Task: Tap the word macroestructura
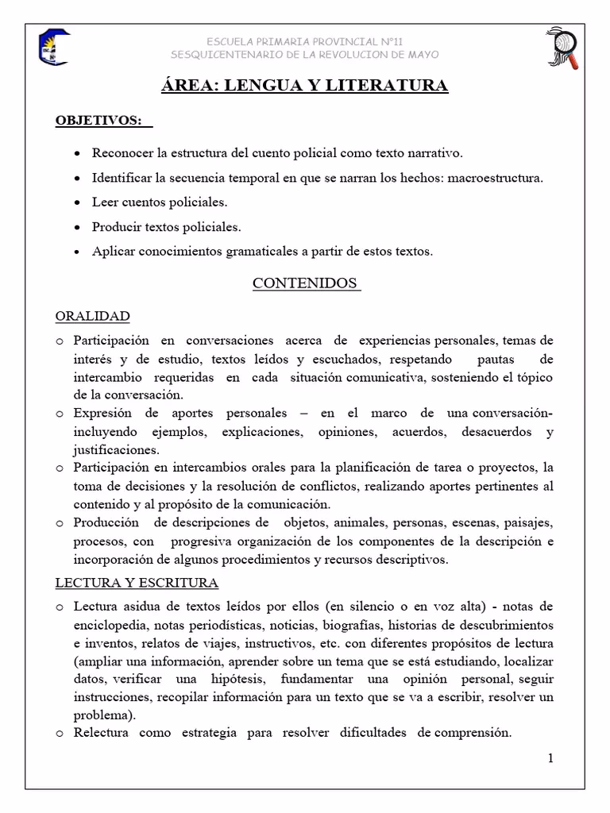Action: (496, 178)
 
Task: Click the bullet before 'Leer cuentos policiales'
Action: (75, 202)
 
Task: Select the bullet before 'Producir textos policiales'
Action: (75, 227)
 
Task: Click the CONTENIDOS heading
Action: (305, 283)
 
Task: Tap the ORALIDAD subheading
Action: (92, 316)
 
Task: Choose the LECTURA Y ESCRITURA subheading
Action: (137, 583)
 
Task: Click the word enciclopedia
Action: (111, 624)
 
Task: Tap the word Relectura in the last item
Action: (101, 732)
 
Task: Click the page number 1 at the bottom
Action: (550, 758)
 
